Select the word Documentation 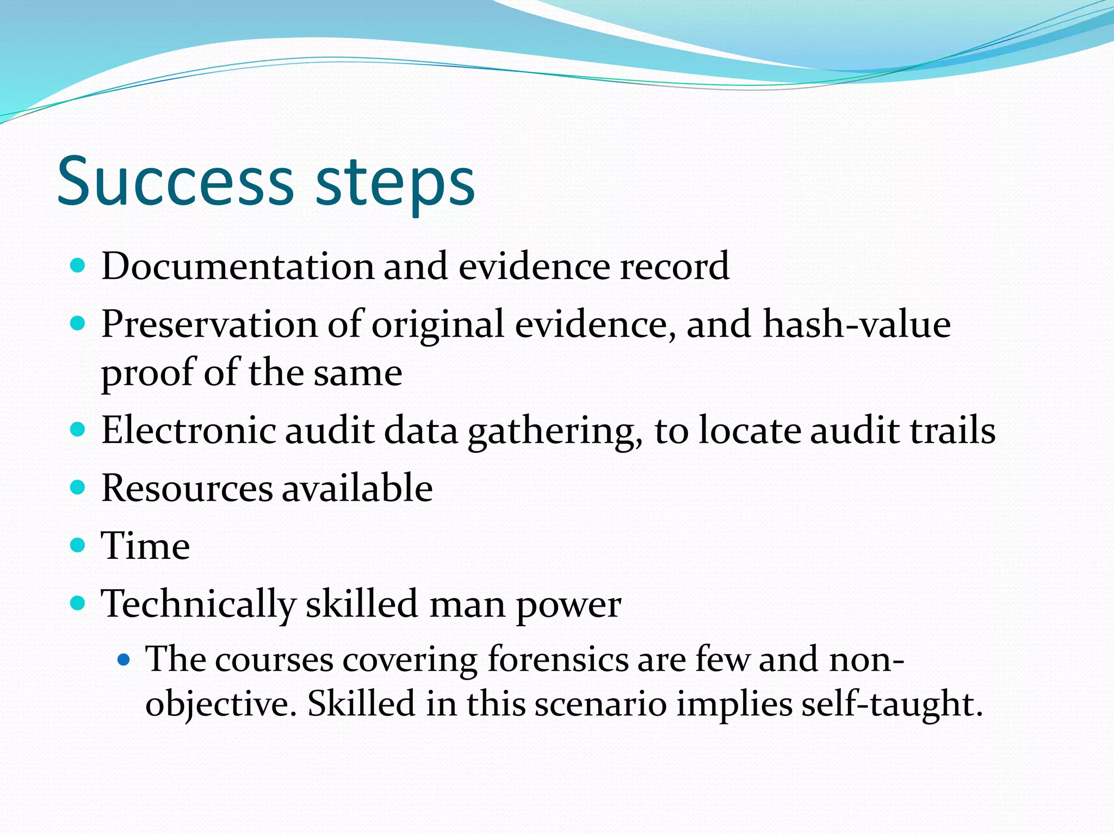[x=237, y=266]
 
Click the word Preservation [x=209, y=325]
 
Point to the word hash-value [x=857, y=325]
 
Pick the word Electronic [x=188, y=431]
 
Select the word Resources [x=187, y=488]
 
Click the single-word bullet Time [x=146, y=546]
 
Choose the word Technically [x=198, y=605]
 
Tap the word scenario [x=601, y=705]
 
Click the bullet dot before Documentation [x=78, y=266]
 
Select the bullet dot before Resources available [x=78, y=487]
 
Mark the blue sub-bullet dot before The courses [x=124, y=660]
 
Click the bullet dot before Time [x=78, y=545]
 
